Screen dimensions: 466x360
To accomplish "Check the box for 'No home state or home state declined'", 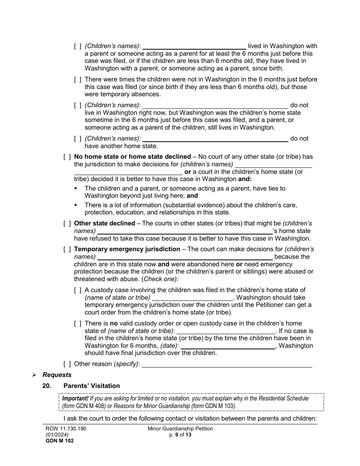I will point(67,157).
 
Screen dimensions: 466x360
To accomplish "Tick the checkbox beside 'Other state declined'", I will point(67,224).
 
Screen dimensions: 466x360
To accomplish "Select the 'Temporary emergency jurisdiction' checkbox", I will point(67,249).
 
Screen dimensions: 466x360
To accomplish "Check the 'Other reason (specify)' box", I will point(67,364).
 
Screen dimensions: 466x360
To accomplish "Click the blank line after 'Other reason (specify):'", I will point(227,364).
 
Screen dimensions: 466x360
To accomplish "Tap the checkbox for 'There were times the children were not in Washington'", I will point(77,80).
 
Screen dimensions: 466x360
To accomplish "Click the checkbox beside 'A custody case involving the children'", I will point(77,290).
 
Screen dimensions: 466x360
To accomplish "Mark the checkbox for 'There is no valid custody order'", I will point(77,324).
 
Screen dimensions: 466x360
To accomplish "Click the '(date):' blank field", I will point(228,346).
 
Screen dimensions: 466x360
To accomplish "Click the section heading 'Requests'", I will point(57,375).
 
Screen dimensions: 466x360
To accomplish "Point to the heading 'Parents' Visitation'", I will point(91,386).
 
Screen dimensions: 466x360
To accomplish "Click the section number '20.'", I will point(47,386).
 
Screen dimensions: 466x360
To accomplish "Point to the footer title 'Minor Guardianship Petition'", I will point(180,428).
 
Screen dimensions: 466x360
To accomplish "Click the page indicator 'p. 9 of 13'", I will point(180,435).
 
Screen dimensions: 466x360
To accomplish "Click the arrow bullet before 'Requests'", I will point(34,375).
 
